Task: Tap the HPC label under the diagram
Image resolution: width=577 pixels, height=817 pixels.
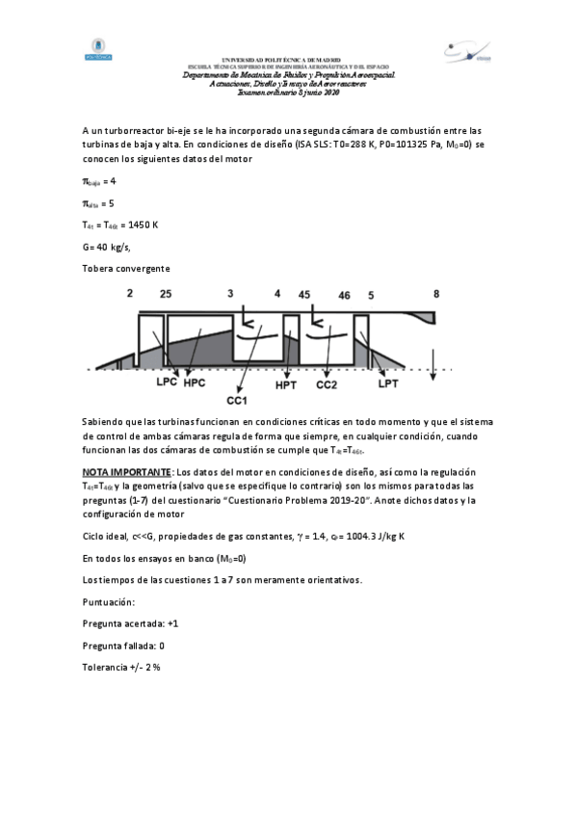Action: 196,383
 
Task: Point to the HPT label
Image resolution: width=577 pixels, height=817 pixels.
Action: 287,384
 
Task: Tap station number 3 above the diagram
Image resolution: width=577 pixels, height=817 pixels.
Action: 230,292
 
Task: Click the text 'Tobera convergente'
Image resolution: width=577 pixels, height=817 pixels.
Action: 126,268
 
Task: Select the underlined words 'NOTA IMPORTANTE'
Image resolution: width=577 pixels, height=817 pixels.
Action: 123,473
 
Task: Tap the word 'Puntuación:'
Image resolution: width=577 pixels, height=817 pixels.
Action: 108,601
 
